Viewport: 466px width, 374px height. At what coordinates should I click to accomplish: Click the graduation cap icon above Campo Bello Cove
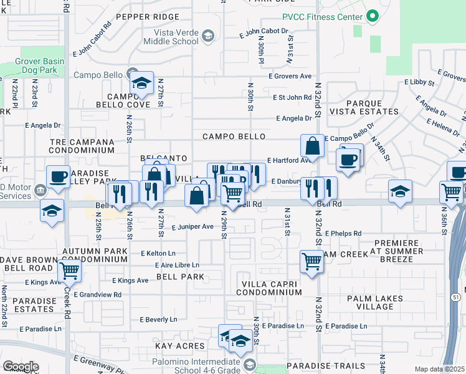[x=141, y=84]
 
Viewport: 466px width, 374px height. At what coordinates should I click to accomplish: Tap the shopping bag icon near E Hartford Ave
[x=312, y=146]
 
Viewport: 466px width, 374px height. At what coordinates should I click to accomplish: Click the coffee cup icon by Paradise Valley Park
[x=58, y=176]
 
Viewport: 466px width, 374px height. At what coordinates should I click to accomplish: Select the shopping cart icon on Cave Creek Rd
[x=69, y=271]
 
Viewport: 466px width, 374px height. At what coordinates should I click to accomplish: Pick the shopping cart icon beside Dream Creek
[x=311, y=262]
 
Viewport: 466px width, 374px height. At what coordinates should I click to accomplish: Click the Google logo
[x=21, y=366]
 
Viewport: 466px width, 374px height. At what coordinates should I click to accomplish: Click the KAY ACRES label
[x=181, y=345]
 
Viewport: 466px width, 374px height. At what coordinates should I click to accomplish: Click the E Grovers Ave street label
[x=290, y=76]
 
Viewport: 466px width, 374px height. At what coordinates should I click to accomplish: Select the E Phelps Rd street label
[x=341, y=234]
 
